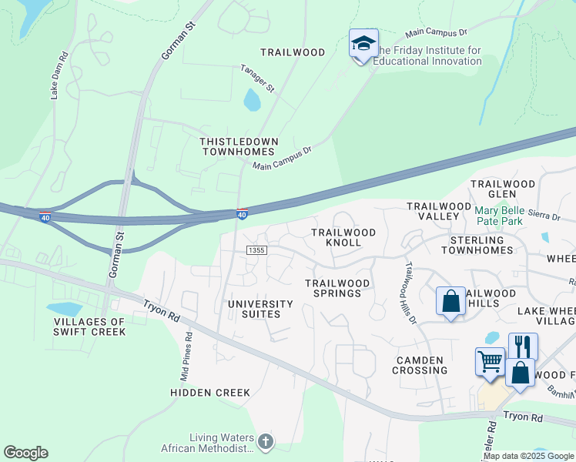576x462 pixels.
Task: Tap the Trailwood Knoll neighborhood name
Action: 343,237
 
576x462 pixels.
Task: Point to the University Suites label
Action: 260,309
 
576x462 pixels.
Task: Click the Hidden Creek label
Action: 210,393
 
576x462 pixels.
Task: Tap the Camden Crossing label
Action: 420,365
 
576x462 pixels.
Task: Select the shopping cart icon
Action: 490,360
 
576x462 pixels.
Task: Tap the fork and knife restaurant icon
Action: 523,346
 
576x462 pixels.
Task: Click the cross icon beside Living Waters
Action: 265,441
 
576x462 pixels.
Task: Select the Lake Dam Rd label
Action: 59,75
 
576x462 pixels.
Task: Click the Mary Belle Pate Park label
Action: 498,216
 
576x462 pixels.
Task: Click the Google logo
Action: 25,453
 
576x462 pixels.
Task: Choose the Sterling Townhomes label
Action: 477,246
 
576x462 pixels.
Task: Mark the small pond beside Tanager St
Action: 252,100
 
